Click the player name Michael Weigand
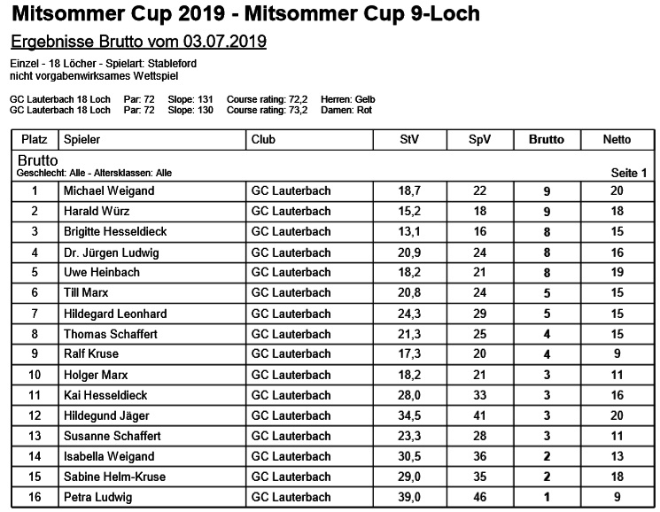[x=109, y=190]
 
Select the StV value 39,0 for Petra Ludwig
[x=409, y=497]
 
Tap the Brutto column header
[x=547, y=139]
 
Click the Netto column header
[x=617, y=139]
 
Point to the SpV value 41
[x=479, y=415]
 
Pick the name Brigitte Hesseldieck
[x=115, y=231]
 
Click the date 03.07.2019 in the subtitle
[x=225, y=43]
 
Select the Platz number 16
[x=35, y=497]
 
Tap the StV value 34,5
[x=409, y=415]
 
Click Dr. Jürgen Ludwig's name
[x=112, y=252]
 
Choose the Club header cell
[x=263, y=139]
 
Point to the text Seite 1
[x=629, y=173]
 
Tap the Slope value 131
[x=203, y=99]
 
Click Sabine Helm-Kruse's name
[x=114, y=477]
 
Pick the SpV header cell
[x=479, y=139]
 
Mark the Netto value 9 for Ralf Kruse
[x=617, y=354]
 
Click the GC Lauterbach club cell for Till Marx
[x=291, y=292]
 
